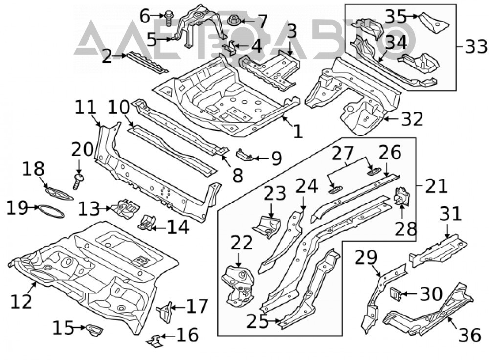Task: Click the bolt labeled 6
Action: click(x=168, y=18)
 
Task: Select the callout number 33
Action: click(x=476, y=47)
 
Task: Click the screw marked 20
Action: click(x=77, y=181)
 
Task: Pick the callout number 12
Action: click(x=21, y=301)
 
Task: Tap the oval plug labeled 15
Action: click(x=93, y=329)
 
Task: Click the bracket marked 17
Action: click(x=166, y=312)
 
